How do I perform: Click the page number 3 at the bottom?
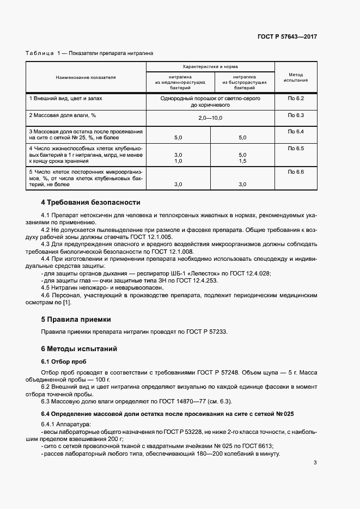[x=315, y=463]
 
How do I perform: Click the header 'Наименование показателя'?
[x=86, y=77]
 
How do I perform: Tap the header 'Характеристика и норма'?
[x=210, y=65]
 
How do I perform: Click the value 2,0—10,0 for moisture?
[x=210, y=118]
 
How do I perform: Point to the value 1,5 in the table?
[x=242, y=161]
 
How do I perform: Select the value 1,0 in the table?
[x=178, y=161]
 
